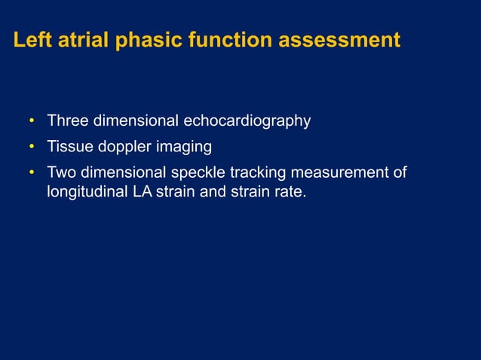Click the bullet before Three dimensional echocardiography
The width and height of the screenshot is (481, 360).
pos(32,121)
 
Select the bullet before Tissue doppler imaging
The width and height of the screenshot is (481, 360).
pos(32,147)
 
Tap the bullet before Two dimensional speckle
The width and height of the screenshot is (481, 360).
pos(32,173)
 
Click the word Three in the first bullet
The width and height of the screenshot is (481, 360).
pos(67,121)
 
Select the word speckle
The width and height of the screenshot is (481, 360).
pos(201,173)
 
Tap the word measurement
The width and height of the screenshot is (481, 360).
pos(339,173)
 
